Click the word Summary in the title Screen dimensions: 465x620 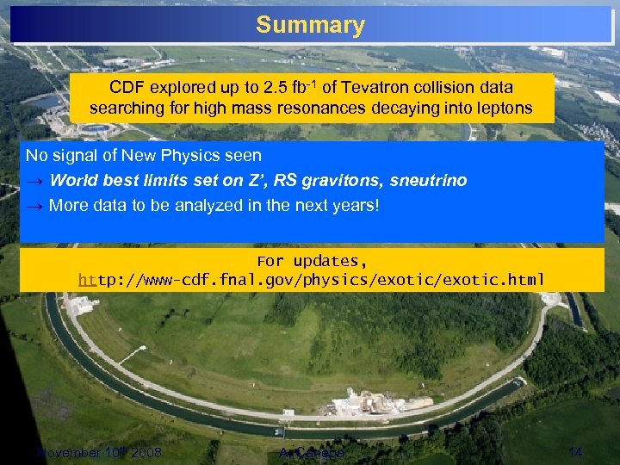310,25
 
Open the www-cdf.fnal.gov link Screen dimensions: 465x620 311,280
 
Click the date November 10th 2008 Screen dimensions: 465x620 98,453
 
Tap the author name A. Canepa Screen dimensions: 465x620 312,453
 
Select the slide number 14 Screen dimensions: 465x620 575,453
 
